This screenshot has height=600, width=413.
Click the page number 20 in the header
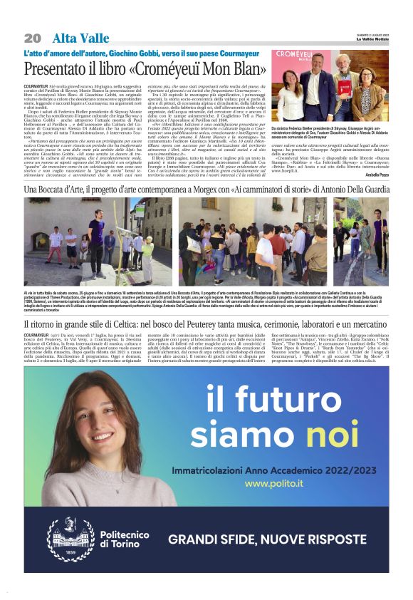click(x=33, y=38)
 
